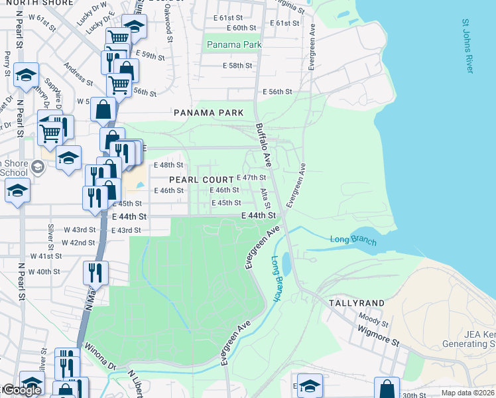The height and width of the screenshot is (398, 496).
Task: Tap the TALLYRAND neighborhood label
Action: click(356, 302)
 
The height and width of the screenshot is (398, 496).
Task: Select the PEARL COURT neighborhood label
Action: click(201, 180)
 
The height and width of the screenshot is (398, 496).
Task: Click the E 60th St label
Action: click(241, 28)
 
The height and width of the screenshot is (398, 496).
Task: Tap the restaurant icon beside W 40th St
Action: click(95, 272)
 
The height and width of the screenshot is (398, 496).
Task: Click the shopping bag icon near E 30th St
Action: click(387, 388)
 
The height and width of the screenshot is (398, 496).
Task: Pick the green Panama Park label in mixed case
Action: click(234, 44)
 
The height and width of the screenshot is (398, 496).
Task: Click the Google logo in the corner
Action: click(21, 391)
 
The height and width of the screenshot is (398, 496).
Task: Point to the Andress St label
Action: click(78, 74)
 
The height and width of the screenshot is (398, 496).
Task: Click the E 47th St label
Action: click(251, 178)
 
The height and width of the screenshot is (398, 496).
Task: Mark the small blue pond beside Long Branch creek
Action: click(286, 264)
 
